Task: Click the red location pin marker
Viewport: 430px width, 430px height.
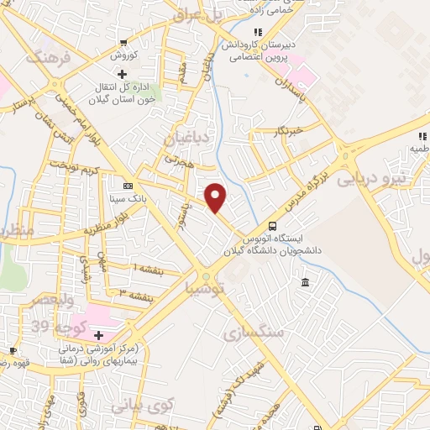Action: coord(216,197)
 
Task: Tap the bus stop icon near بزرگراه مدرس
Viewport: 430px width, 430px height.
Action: coord(271,225)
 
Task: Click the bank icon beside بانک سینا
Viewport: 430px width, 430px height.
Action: coord(127,186)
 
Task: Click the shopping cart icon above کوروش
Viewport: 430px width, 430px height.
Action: coord(124,43)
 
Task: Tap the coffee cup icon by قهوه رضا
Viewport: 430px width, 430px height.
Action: coord(13,349)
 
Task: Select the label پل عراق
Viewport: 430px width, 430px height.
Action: coord(195,15)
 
